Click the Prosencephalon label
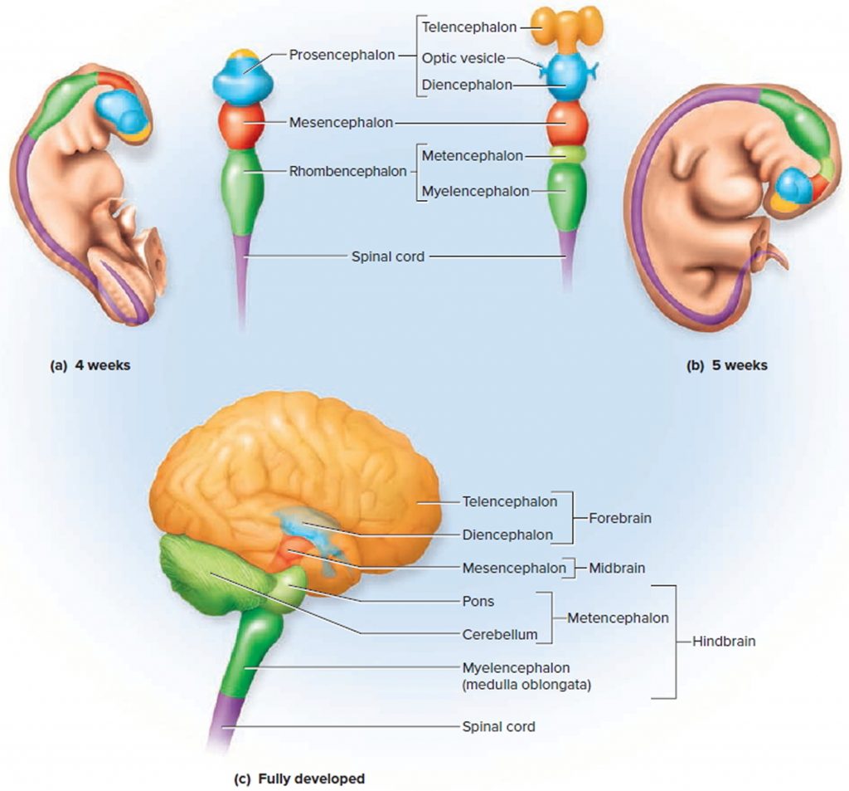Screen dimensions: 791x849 pos(342,56)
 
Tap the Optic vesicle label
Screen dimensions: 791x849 pos(463,58)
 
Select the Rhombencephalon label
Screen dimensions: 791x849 pos(347,172)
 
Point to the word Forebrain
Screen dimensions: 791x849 pos(619,518)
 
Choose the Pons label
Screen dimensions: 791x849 pos(478,600)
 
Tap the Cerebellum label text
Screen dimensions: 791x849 pos(499,635)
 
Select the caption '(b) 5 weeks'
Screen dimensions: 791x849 pos(727,364)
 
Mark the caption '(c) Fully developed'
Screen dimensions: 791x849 pos(299,779)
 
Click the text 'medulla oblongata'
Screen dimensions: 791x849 pos(526,685)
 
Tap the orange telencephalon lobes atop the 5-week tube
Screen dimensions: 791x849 pos(566,25)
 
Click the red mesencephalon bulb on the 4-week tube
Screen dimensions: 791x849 pos(240,123)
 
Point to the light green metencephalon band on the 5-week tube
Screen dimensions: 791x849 pos(567,154)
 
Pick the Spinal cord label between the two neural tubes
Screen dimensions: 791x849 pos(388,256)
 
